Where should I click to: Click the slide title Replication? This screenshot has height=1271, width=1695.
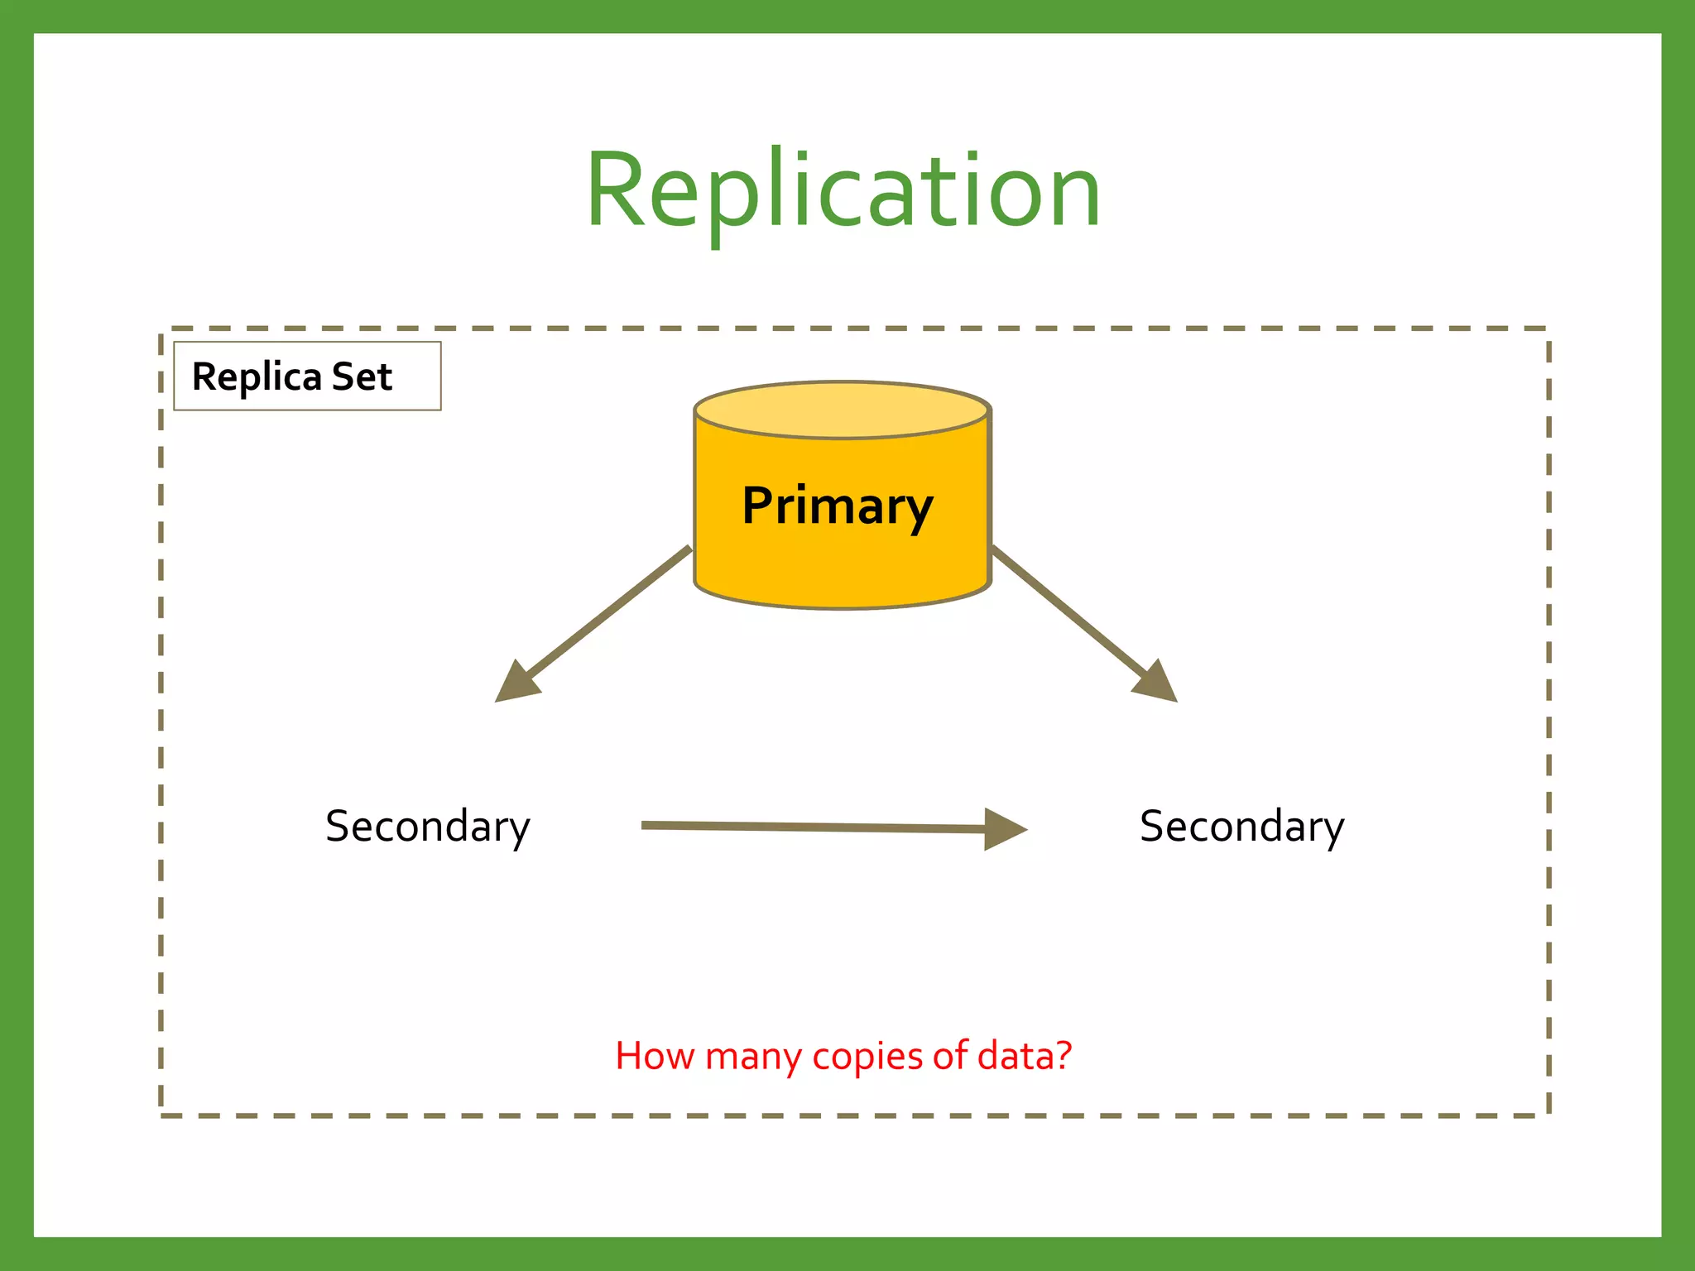pyautogui.click(x=843, y=190)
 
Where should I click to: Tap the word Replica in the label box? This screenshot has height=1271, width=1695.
pyautogui.click(x=256, y=377)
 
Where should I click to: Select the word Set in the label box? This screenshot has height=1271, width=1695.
pyautogui.click(x=362, y=377)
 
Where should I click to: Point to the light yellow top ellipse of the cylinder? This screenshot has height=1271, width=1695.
pyautogui.click(x=842, y=410)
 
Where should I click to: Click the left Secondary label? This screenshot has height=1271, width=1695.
pyautogui.click(x=427, y=826)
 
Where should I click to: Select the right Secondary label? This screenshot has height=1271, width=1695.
pyautogui.click(x=1241, y=826)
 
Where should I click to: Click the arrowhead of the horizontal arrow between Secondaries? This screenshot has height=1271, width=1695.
pyautogui.click(x=1005, y=828)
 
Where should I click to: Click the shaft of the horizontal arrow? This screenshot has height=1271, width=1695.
pyautogui.click(x=811, y=826)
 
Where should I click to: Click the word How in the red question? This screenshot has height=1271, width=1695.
pyautogui.click(x=654, y=1056)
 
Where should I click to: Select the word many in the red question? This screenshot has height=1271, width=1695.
pyautogui.click(x=754, y=1056)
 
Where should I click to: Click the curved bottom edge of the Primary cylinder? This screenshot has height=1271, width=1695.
pyautogui.click(x=842, y=607)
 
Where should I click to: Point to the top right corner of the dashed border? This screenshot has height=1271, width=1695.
pyautogui.click(x=1548, y=329)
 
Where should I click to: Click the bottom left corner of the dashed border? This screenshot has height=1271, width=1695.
pyautogui.click(x=161, y=1115)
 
